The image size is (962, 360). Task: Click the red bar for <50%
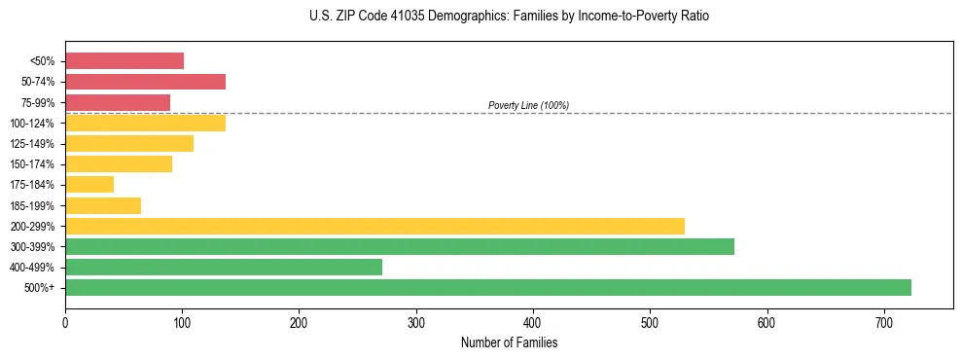[x=125, y=61]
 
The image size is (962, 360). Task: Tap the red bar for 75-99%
[x=118, y=102]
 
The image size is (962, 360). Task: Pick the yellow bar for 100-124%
[x=145, y=123]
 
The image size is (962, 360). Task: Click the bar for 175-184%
[x=89, y=184]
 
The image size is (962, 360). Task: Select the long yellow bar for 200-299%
[x=374, y=226]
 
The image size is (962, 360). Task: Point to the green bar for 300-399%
[x=400, y=246]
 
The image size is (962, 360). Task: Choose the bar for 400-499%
[x=224, y=267]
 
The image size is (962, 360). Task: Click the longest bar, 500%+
[x=488, y=287]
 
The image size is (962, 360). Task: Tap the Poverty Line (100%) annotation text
[x=528, y=105]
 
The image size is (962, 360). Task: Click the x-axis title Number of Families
[x=509, y=342]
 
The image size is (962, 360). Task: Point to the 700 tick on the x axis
[x=884, y=321]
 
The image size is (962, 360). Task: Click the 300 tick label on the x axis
[x=416, y=321]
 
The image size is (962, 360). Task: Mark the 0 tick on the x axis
[x=65, y=321]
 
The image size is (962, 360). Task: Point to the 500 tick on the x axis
[x=650, y=321]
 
